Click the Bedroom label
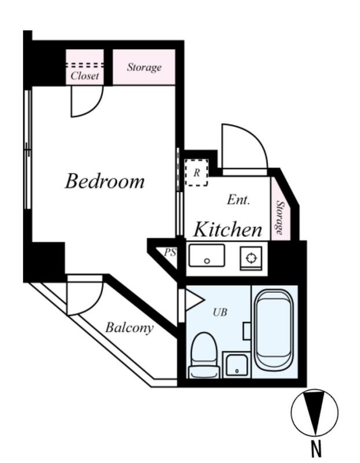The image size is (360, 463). click(x=105, y=181)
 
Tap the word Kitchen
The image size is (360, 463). click(x=227, y=229)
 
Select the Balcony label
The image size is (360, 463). click(x=129, y=328)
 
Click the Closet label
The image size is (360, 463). click(x=85, y=76)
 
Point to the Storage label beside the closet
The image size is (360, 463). click(x=144, y=67)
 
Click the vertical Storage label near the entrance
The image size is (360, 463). click(x=280, y=218)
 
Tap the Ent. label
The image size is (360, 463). click(x=238, y=200)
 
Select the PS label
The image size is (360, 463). click(x=170, y=252)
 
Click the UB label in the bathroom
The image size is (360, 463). click(x=220, y=312)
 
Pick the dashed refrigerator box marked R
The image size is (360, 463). click(x=197, y=172)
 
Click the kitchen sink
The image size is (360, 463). click(x=207, y=256)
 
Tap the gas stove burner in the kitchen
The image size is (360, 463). click(x=251, y=258)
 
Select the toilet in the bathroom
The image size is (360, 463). click(x=205, y=355)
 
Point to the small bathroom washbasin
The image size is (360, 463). click(x=236, y=366)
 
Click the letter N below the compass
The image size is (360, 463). click(x=315, y=449)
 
